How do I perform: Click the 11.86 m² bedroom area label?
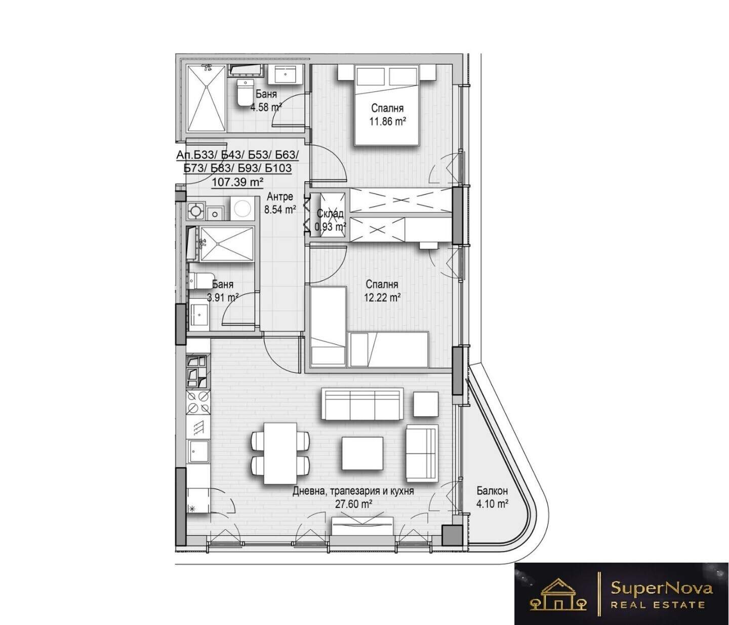point(387,122)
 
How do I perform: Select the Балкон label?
point(492,491)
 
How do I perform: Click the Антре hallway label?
point(279,196)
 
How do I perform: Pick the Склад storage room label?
point(330,213)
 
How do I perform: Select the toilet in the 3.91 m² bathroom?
point(200,281)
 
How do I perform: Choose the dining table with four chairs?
point(281,453)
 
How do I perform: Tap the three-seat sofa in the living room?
point(362,404)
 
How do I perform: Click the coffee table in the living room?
point(362,453)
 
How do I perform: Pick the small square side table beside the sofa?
point(426,404)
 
